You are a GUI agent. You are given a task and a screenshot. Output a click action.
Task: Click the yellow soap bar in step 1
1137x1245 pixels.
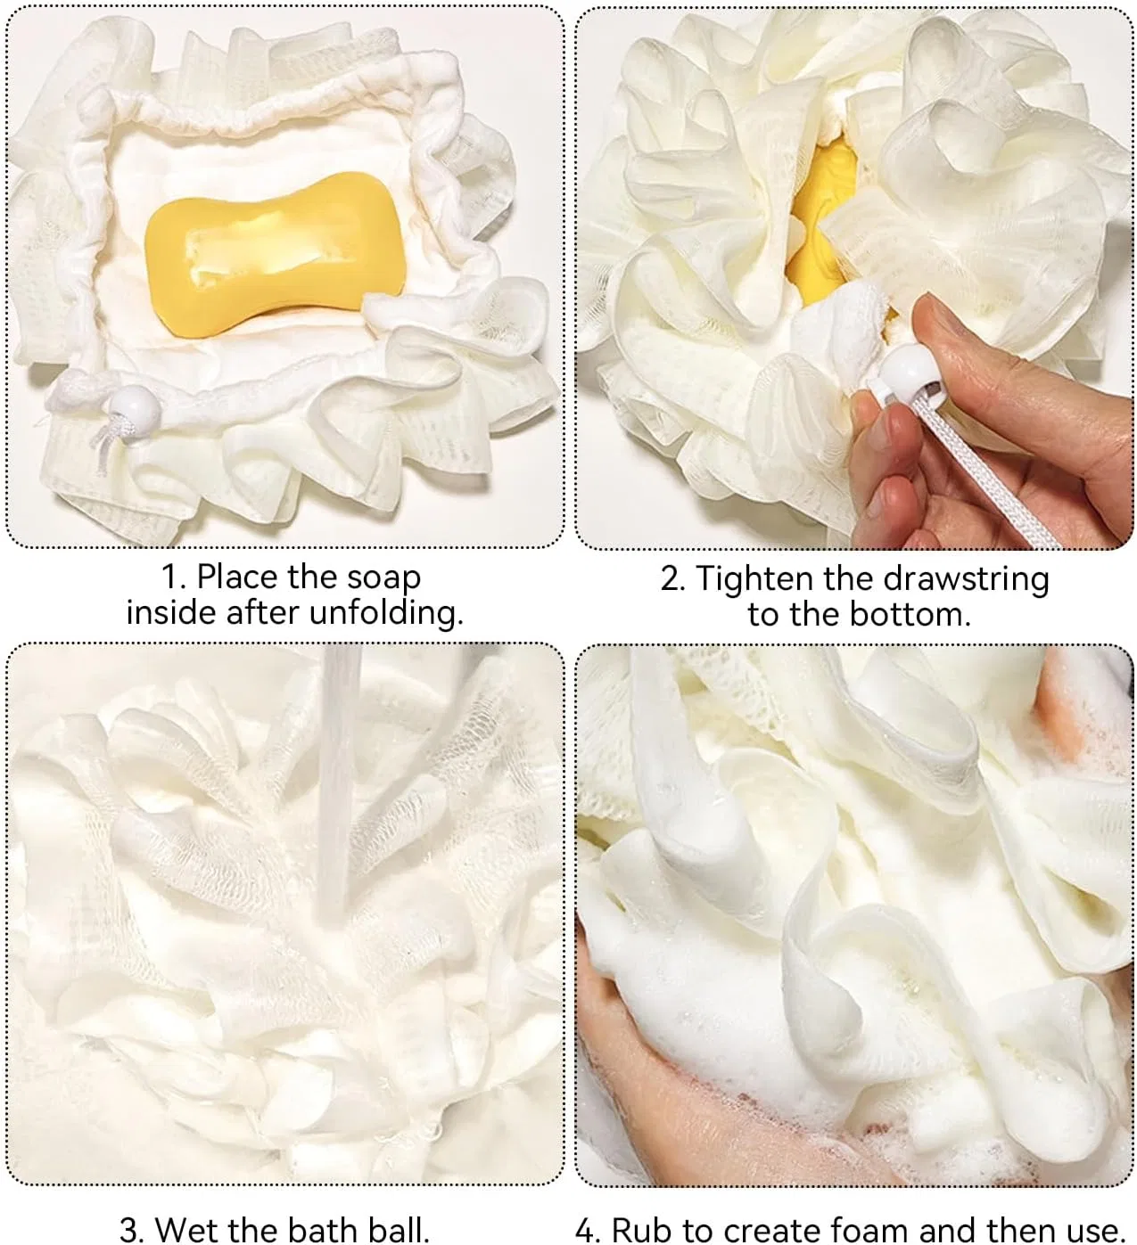pyautogui.click(x=276, y=255)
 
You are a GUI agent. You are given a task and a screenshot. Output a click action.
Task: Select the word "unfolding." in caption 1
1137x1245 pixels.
pyautogui.click(x=386, y=612)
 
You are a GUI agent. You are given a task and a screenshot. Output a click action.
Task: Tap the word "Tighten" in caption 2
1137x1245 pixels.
pyautogui.click(x=754, y=579)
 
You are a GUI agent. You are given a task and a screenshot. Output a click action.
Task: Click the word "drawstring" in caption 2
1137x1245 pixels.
pyautogui.click(x=966, y=579)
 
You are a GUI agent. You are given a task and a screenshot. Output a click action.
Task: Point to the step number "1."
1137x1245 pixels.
pyautogui.click(x=174, y=577)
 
